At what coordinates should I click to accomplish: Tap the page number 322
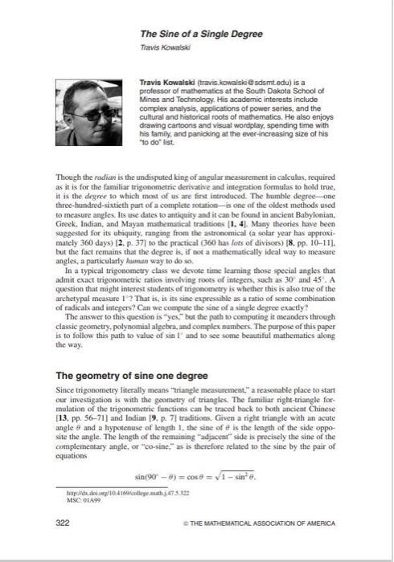coord(62,522)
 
